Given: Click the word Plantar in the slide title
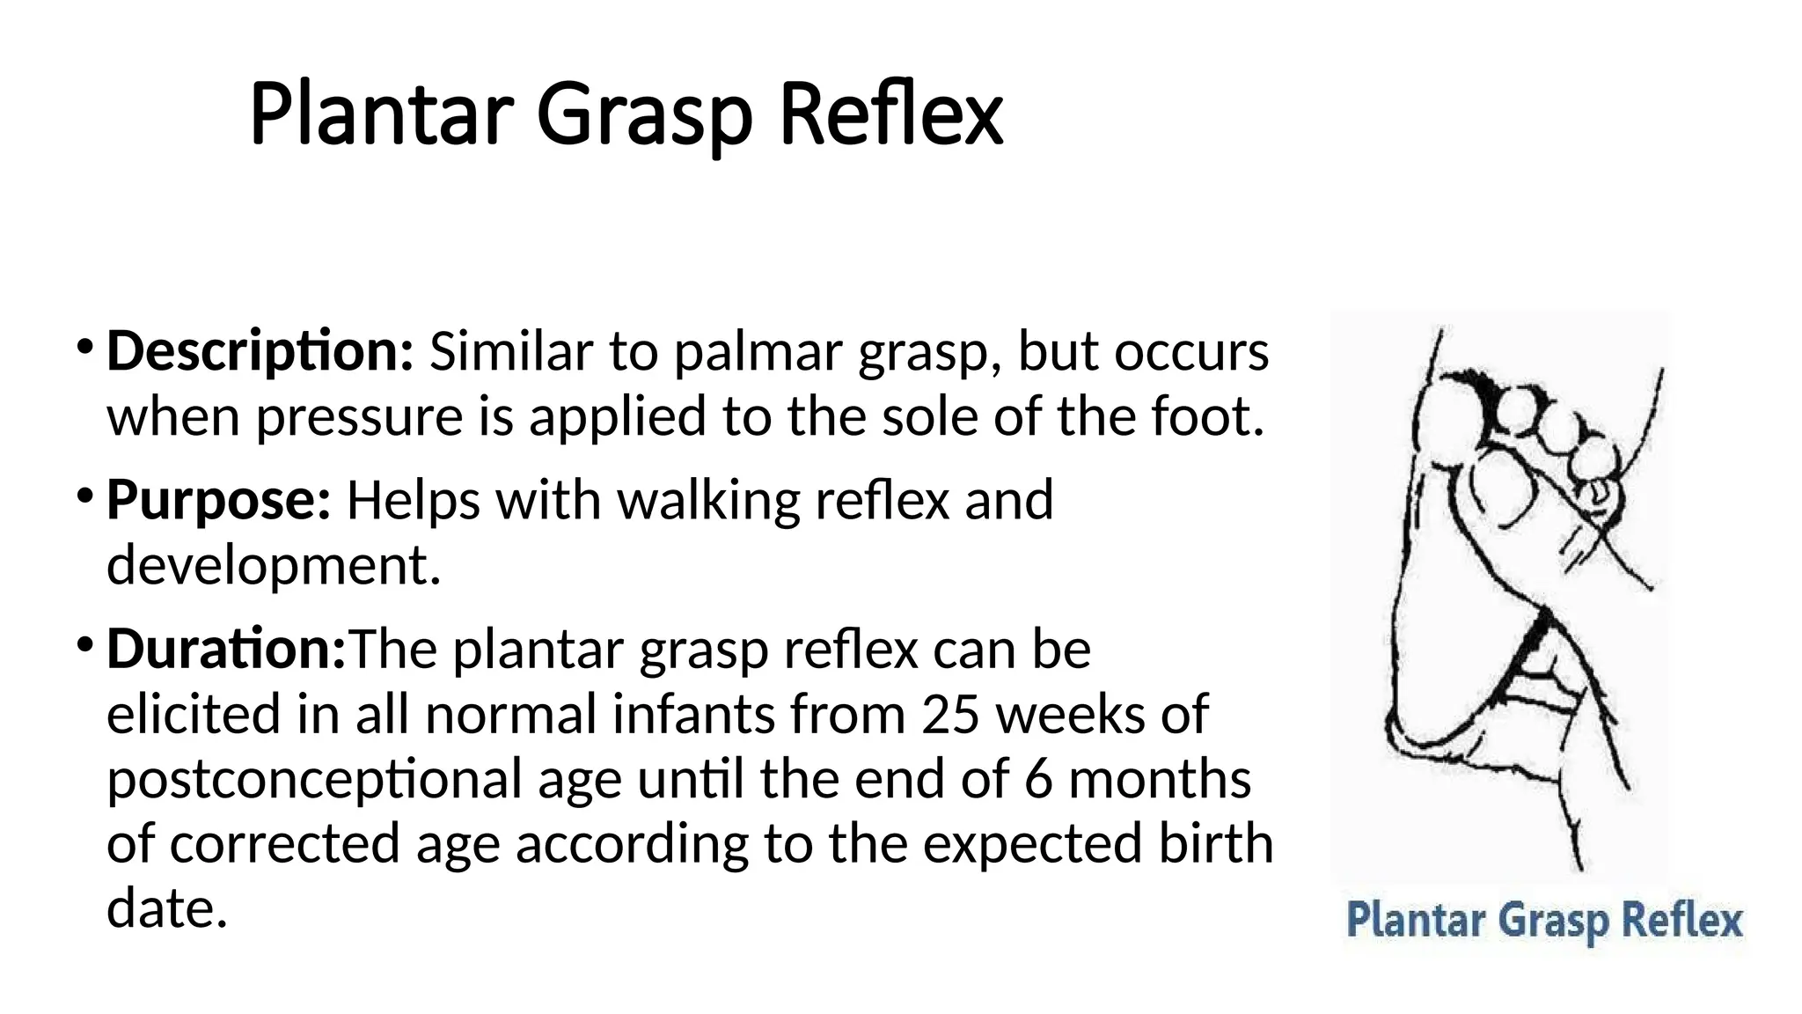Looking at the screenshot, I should click(381, 114).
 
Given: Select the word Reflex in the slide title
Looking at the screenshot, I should click(890, 114).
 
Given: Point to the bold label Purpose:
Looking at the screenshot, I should click(218, 500).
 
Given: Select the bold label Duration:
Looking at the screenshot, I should click(226, 649).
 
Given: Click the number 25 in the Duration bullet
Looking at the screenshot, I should click(950, 714).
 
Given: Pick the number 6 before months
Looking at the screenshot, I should click(1038, 779).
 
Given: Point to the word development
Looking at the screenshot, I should click(273, 565).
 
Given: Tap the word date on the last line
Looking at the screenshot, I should click(166, 908).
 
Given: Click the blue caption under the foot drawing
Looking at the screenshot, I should click(1544, 921).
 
